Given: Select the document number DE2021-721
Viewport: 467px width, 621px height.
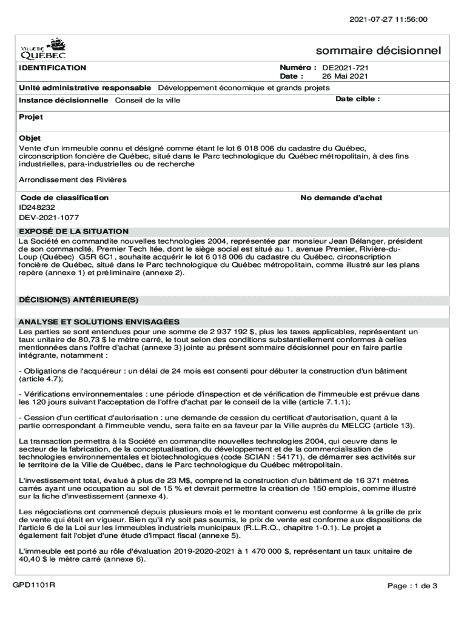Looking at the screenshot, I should click(x=346, y=68).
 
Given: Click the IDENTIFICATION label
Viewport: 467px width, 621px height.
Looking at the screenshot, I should click(x=52, y=68).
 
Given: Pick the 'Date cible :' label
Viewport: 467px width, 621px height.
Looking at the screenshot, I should click(x=358, y=99).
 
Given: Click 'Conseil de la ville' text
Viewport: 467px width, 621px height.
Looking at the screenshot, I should click(x=148, y=100).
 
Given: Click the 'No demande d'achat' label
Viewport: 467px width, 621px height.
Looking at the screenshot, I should click(x=341, y=198).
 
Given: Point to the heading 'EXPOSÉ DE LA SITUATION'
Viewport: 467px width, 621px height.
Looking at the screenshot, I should click(x=73, y=231).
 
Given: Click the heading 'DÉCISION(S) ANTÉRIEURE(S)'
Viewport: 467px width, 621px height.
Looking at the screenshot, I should click(x=79, y=300).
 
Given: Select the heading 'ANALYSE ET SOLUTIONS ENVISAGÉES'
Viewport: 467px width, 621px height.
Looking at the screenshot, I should click(x=99, y=321).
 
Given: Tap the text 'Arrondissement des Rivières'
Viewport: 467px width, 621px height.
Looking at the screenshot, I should click(x=73, y=180).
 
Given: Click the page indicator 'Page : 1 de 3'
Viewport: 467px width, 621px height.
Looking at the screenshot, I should click(x=412, y=586).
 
